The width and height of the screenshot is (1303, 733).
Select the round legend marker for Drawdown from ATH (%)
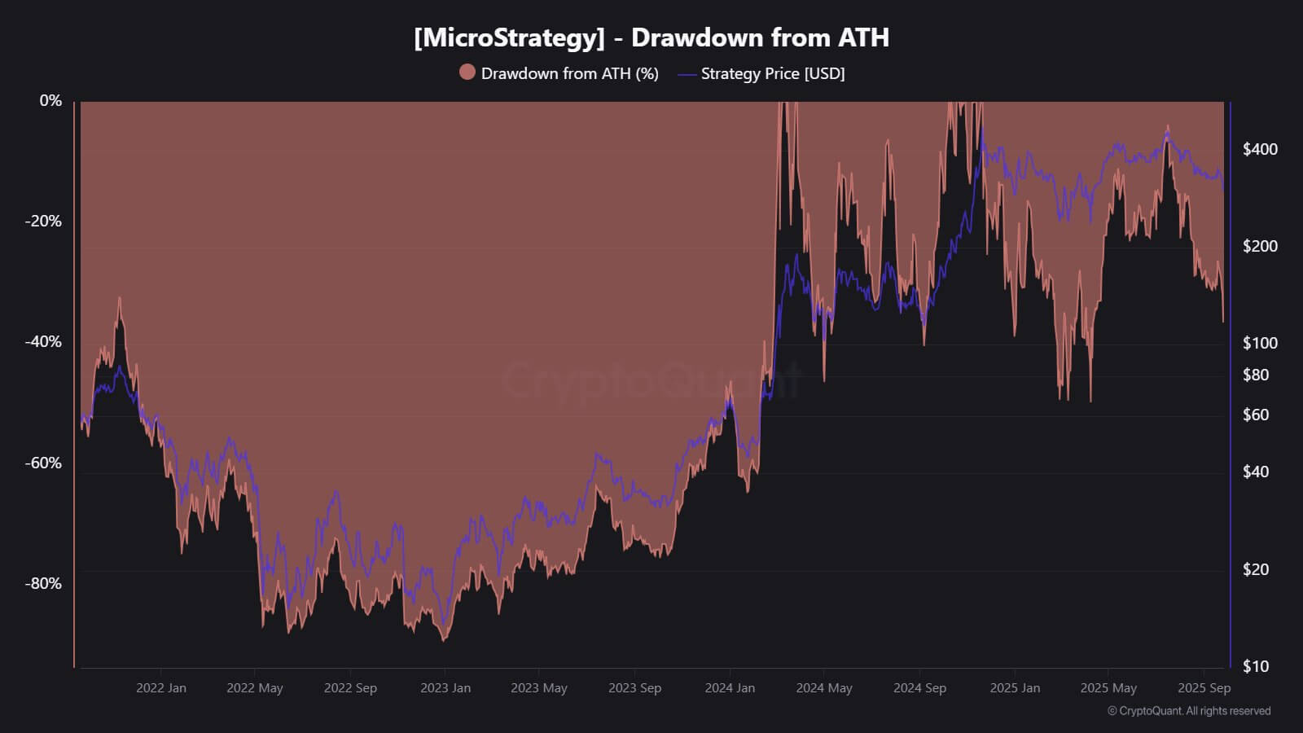pyautogui.click(x=467, y=72)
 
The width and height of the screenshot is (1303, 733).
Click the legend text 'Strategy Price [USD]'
pyautogui.click(x=772, y=73)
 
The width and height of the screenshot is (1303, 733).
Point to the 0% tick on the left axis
pyautogui.click(x=50, y=100)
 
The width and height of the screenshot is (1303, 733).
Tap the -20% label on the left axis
pyautogui.click(x=43, y=221)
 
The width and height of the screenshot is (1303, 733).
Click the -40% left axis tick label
pyautogui.click(x=43, y=341)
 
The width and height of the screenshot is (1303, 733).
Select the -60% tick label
pyautogui.click(x=43, y=463)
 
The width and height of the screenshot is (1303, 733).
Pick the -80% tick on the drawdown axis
pyautogui.click(x=43, y=583)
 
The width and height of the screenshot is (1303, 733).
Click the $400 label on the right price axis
pyautogui.click(x=1260, y=149)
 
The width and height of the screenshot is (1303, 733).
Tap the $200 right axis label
pyautogui.click(x=1260, y=246)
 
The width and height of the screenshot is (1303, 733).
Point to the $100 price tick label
pyautogui.click(x=1260, y=343)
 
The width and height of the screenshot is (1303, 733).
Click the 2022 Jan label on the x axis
pyautogui.click(x=160, y=688)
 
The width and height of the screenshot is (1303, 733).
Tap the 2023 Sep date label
pyautogui.click(x=634, y=688)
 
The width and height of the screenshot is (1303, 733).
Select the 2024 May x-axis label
pyautogui.click(x=823, y=688)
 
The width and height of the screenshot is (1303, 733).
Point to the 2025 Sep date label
pyautogui.click(x=1204, y=688)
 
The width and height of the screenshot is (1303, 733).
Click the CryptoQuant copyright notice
pyautogui.click(x=1188, y=711)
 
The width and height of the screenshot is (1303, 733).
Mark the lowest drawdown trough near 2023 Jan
pyautogui.click(x=444, y=640)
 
